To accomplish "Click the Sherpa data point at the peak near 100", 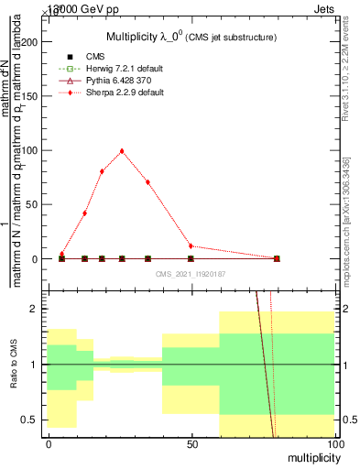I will tap(122, 151).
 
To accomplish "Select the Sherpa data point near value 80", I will tap(102, 171).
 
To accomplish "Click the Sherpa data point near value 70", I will tap(147, 182).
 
